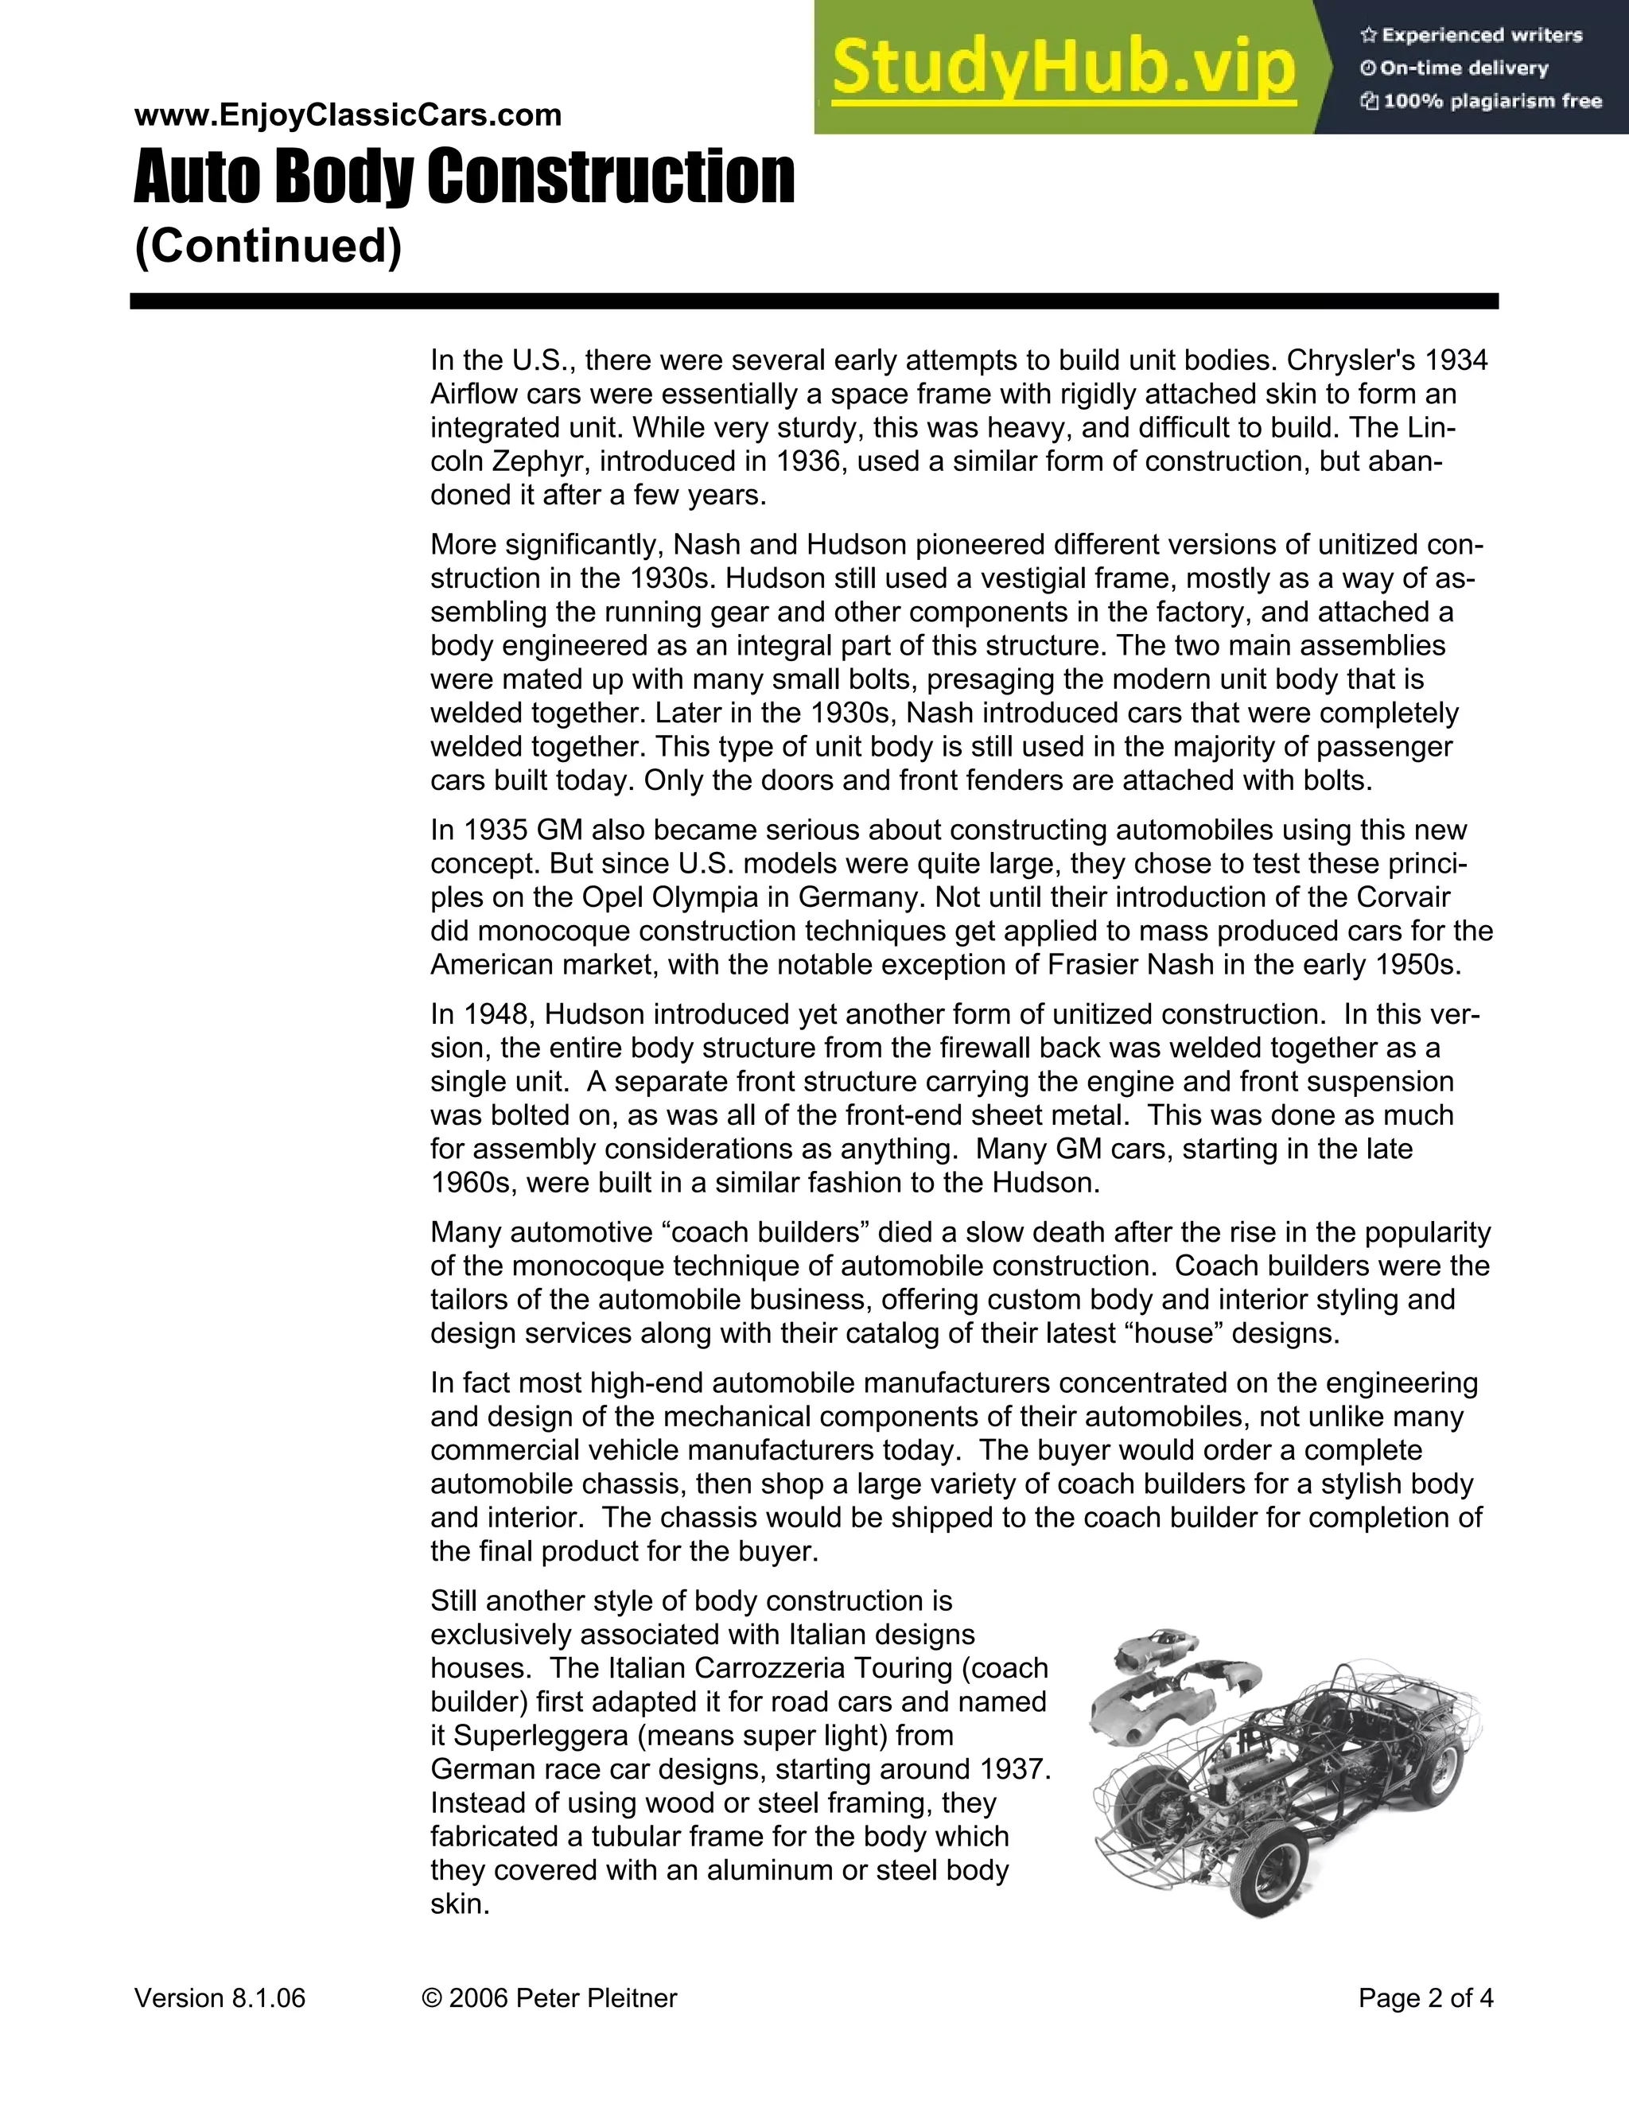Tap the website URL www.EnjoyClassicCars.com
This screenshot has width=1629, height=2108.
348,115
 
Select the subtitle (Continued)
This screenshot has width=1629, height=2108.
267,245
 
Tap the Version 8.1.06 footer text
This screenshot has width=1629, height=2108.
220,1998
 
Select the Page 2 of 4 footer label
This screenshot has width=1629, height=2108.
1425,1998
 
